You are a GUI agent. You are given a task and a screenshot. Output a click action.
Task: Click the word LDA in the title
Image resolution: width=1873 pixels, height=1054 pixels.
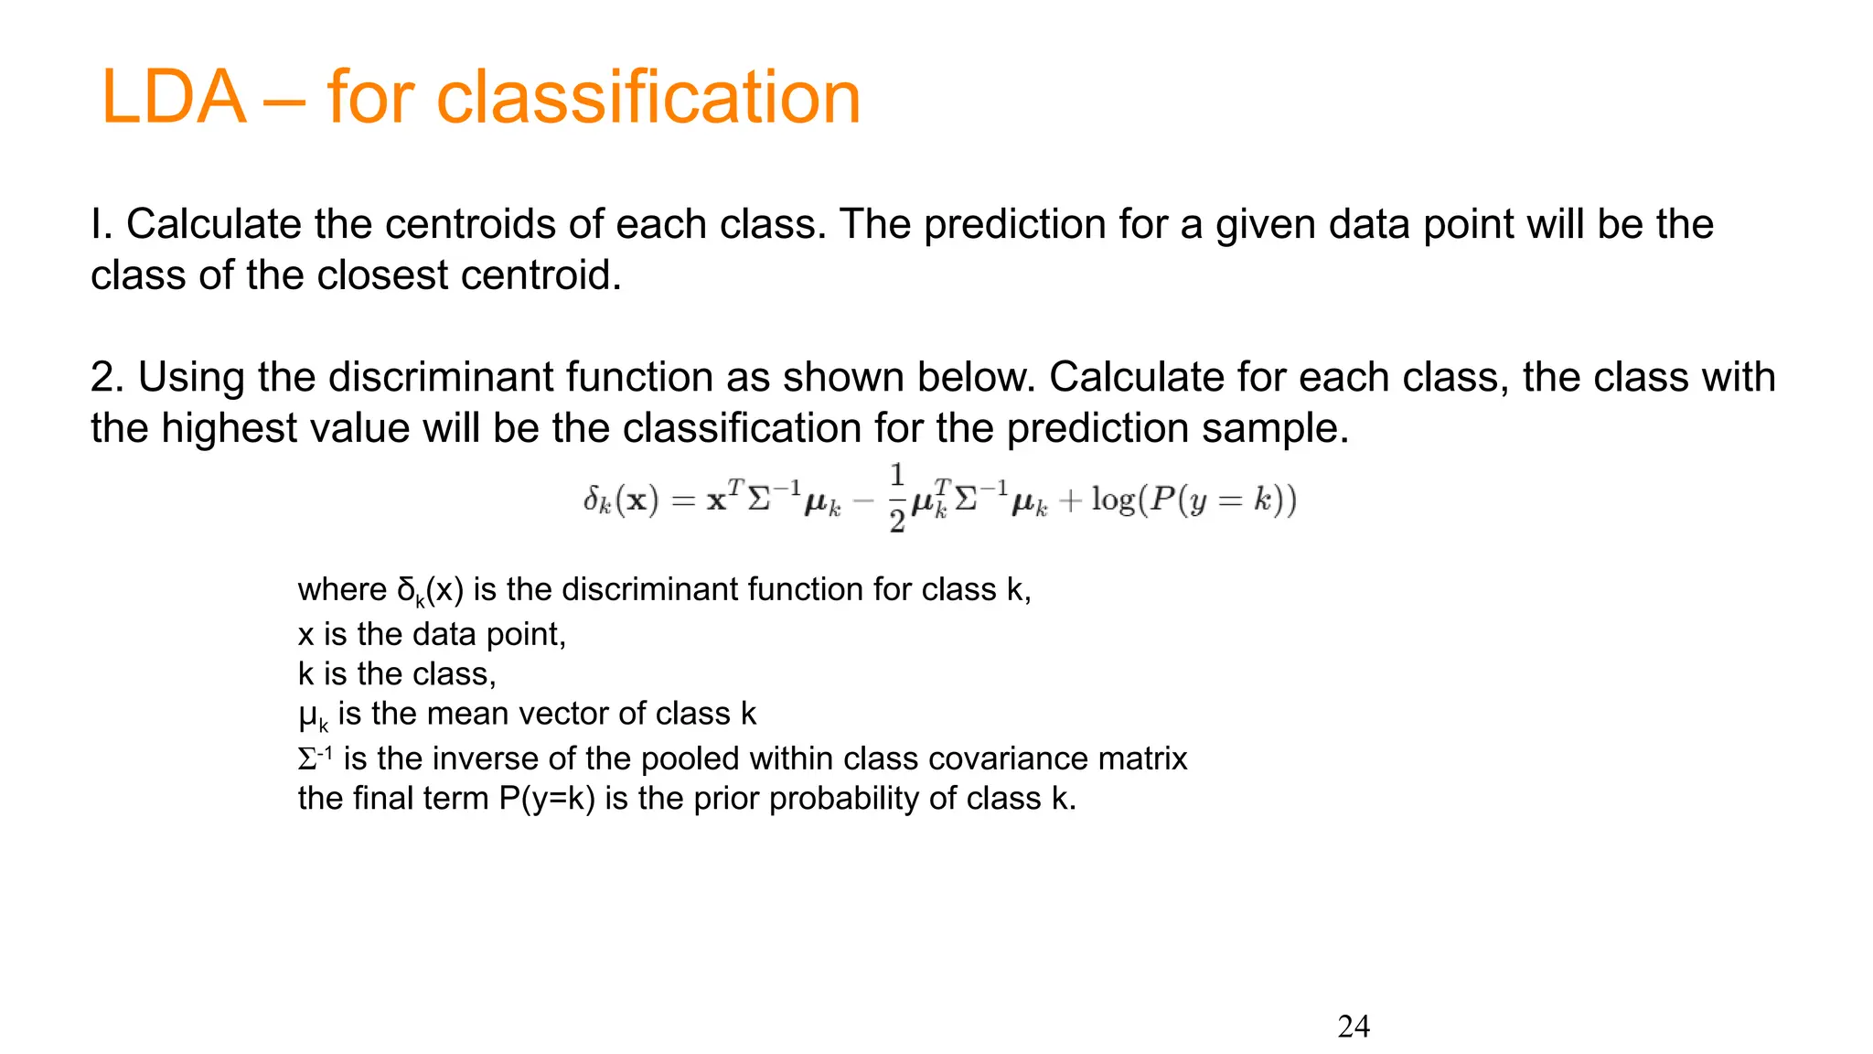point(174,98)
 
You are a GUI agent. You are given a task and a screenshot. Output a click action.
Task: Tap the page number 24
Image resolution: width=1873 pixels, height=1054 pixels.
point(1354,1027)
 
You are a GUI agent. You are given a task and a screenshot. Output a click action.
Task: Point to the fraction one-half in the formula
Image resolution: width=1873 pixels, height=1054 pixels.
point(897,499)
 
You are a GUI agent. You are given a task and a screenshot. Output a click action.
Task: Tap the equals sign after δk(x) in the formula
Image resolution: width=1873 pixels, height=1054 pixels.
point(683,501)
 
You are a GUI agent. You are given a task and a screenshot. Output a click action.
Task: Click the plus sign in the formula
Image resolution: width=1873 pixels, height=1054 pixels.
point(1069,501)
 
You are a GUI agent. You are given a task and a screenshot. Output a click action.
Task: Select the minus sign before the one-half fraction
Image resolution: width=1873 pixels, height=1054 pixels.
point(862,501)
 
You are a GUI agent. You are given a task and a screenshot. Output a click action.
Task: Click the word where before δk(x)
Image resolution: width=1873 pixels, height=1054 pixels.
point(342,590)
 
